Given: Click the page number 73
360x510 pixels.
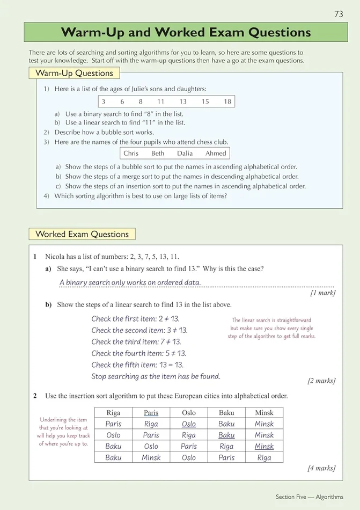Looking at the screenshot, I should (339, 14).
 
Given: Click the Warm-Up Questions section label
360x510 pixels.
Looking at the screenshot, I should (74, 73).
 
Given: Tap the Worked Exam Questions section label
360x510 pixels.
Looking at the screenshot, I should (82, 234).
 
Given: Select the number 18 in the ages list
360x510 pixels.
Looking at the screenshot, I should (227, 101).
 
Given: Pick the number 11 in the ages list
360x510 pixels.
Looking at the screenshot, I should (161, 101).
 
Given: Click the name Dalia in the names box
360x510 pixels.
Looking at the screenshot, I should (185, 153).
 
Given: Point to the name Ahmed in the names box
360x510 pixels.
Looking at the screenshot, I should (216, 153).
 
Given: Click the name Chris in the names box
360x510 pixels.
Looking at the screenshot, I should (131, 153).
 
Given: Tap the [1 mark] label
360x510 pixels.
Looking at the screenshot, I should (323, 293).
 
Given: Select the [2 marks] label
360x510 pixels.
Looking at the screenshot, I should (321, 381).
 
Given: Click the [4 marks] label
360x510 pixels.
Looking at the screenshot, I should (321, 468).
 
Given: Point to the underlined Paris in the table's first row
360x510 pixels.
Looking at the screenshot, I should (151, 413).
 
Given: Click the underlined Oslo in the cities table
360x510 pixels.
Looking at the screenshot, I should (189, 424).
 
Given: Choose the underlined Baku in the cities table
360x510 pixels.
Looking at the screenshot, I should (226, 435).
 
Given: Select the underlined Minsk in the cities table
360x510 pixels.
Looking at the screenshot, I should (264, 447).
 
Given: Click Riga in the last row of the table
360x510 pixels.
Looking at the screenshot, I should (264, 458).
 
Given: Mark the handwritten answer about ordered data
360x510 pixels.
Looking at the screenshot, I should (130, 282).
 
